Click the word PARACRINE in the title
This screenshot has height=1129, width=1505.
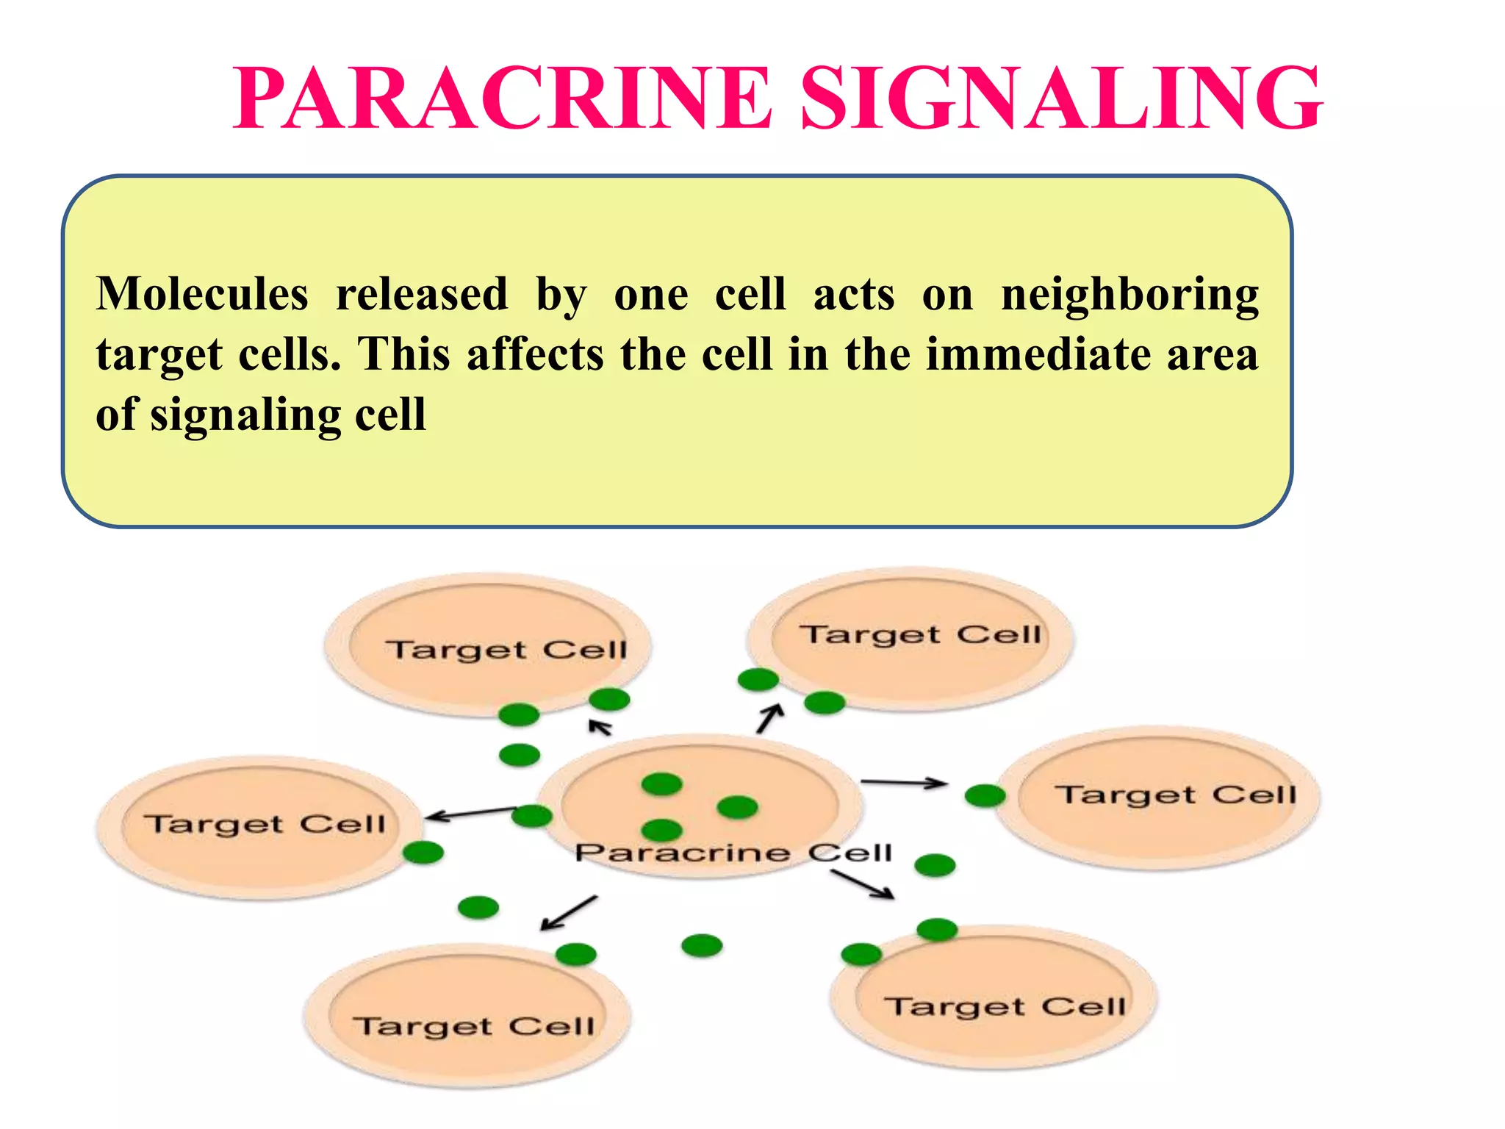(x=503, y=99)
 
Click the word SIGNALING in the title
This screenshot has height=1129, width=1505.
(x=1061, y=99)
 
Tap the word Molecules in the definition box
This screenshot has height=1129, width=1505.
(x=202, y=294)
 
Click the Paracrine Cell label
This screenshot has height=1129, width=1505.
(x=733, y=853)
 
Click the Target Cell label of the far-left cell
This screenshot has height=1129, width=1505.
(x=264, y=824)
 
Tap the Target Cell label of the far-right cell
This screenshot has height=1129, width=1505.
(x=1176, y=795)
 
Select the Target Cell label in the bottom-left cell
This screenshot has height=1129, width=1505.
(x=474, y=1026)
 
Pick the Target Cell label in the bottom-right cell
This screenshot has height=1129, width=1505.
(x=1005, y=1006)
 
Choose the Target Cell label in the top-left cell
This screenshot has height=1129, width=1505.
(x=507, y=650)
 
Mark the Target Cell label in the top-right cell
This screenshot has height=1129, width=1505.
(x=921, y=634)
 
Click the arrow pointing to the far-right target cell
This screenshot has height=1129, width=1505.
(x=904, y=783)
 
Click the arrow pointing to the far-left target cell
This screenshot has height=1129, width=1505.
(x=470, y=813)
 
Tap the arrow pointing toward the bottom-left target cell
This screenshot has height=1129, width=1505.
(x=569, y=913)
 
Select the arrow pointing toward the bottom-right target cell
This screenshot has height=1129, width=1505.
(x=863, y=884)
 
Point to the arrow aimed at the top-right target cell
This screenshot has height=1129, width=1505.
(x=769, y=718)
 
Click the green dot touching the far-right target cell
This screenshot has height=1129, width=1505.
(x=985, y=795)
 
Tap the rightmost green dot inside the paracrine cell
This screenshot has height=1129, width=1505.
(x=737, y=807)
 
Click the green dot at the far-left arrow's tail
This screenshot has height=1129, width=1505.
(x=531, y=815)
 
